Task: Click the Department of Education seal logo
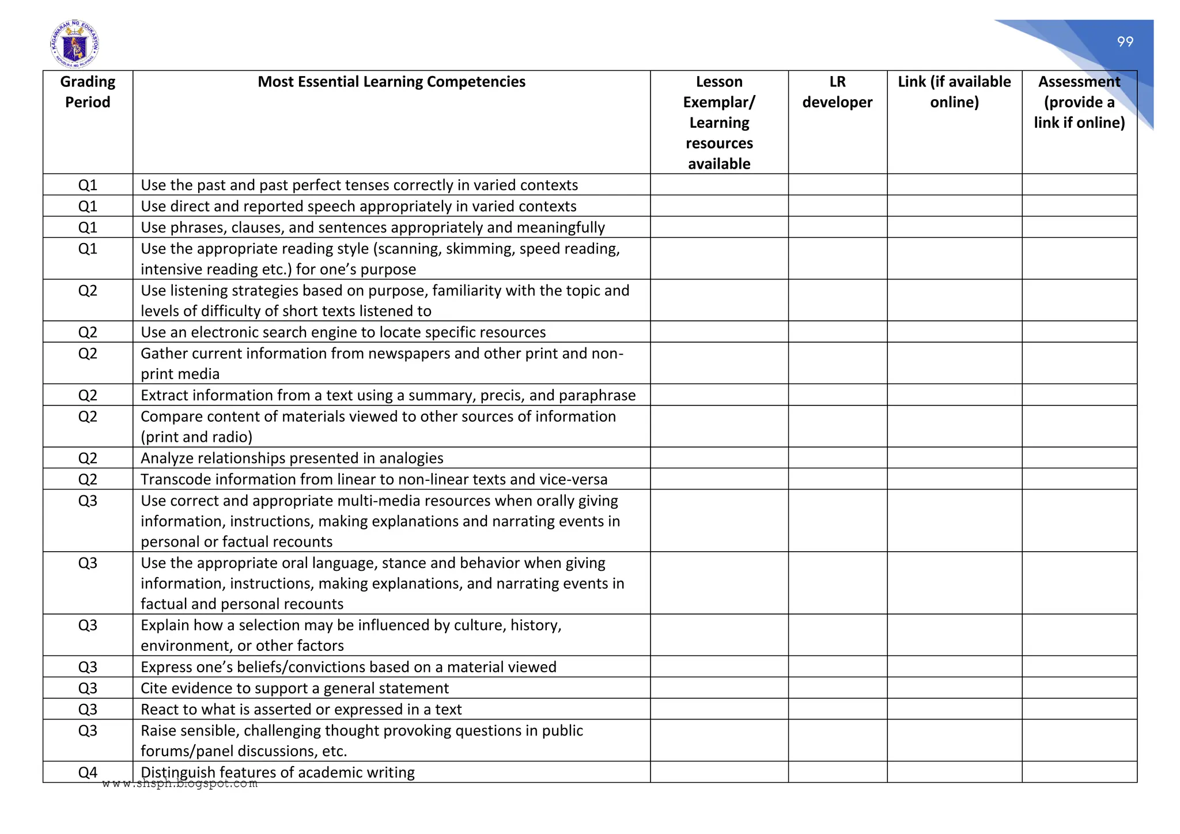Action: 74,44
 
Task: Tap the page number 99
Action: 1125,42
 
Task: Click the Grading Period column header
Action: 88,92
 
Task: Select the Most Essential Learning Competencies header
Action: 391,82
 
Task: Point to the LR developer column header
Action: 837,92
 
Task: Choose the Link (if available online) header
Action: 954,92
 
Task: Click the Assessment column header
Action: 1079,102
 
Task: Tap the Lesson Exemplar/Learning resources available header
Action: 719,123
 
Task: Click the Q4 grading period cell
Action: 88,772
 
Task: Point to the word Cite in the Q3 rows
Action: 154,688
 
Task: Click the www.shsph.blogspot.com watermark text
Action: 180,783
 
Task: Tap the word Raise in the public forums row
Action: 158,731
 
